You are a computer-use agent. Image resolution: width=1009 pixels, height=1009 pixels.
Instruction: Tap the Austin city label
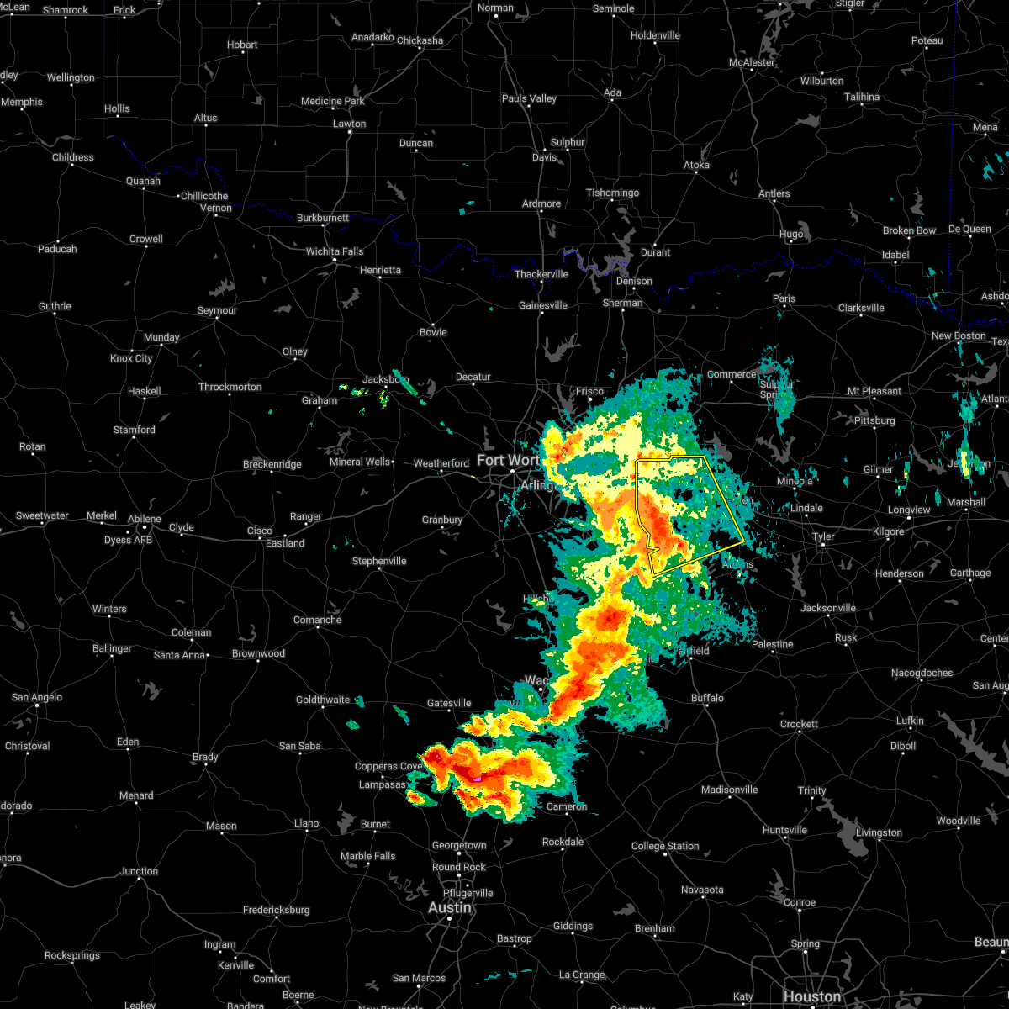[449, 908]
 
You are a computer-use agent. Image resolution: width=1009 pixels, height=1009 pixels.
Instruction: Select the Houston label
[811, 997]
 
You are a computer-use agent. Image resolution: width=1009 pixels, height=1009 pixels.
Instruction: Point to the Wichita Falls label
[335, 251]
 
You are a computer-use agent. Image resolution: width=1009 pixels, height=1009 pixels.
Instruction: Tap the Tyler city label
[823, 536]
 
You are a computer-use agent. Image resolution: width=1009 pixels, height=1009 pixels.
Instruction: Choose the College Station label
[665, 846]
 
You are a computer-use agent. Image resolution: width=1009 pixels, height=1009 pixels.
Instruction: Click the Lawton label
[349, 124]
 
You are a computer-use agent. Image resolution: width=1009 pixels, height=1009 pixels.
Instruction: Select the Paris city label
[784, 298]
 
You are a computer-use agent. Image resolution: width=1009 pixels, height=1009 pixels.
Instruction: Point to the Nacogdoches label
[922, 673]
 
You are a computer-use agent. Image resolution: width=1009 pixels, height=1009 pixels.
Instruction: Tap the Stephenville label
[379, 561]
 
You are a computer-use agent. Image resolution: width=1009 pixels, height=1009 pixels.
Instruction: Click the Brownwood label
[258, 653]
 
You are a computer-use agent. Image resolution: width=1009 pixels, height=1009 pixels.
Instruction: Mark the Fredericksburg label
[276, 910]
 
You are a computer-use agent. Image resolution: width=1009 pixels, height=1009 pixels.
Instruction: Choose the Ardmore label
[541, 203]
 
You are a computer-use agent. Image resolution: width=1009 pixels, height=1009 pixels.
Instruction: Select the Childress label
[73, 157]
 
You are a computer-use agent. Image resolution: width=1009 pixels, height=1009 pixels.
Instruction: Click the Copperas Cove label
[388, 766]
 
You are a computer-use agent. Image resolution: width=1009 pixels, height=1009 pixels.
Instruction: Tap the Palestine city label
[772, 644]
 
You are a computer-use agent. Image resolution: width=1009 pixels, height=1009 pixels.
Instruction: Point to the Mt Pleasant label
[874, 391]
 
